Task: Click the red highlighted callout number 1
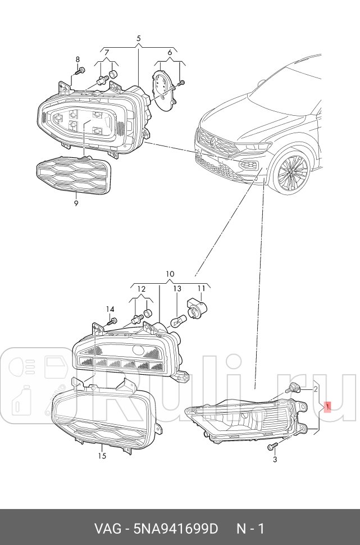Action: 327,407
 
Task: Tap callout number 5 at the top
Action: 139,38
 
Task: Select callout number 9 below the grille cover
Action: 76,203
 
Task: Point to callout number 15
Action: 102,456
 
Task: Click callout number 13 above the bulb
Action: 177,289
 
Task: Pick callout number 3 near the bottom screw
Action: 275,460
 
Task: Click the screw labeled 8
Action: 80,71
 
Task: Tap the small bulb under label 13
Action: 177,321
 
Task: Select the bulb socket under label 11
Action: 197,307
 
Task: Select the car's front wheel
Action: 290,172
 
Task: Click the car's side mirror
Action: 262,83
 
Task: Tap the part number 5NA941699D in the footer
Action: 176,529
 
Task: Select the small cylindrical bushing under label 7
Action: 113,74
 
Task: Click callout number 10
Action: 170,275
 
